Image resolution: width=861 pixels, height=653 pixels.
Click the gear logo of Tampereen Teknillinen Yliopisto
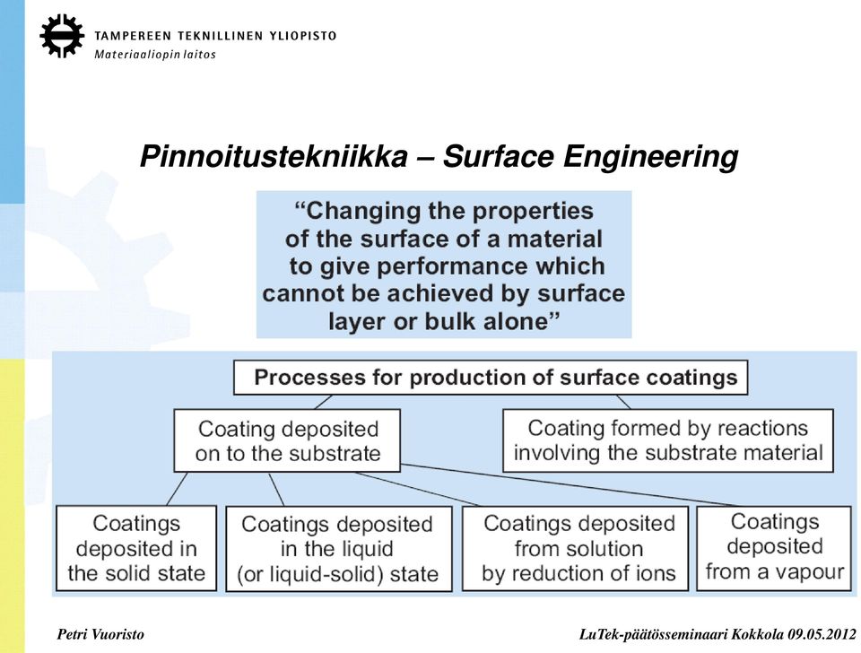click(62, 36)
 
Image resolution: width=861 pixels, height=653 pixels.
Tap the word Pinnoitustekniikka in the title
click(274, 156)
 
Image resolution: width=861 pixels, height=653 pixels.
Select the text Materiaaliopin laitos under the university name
click(155, 55)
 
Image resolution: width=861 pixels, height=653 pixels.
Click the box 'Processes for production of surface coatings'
click(491, 378)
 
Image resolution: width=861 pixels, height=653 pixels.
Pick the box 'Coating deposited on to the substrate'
click(287, 440)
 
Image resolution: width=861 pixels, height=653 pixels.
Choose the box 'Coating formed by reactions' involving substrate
click(667, 440)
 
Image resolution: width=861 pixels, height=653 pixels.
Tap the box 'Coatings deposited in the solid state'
click(136, 548)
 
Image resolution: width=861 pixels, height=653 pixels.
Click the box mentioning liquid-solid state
click(338, 549)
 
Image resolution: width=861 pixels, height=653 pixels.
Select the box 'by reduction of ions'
click(575, 548)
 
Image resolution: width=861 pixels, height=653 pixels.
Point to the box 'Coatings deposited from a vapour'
click(774, 548)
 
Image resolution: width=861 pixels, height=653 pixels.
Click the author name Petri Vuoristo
click(100, 635)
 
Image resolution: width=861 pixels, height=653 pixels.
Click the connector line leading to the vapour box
click(570, 485)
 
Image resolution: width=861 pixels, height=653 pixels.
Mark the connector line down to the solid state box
click(177, 489)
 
